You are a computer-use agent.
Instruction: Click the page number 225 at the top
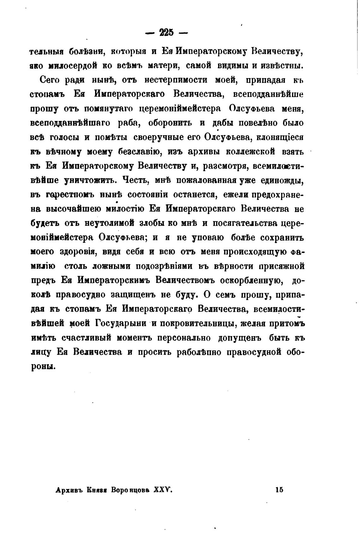click(x=167, y=33)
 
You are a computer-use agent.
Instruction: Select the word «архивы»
click(x=204, y=152)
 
